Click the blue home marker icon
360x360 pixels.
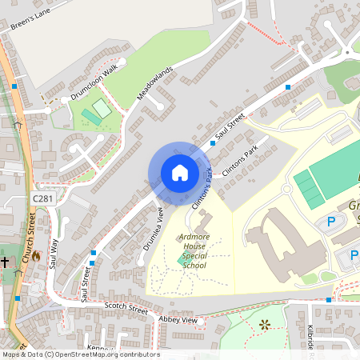coord(179,173)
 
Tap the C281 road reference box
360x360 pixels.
coord(43,198)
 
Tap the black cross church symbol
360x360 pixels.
coord(5,261)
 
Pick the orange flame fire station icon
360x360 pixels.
coord(35,258)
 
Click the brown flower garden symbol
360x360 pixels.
coord(263,324)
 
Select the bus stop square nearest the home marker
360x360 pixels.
coord(213,143)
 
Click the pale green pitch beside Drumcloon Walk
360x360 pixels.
coord(101,107)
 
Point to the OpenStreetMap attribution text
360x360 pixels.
coord(80,354)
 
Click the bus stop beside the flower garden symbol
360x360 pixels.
coord(328,300)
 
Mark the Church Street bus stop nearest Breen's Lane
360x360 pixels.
coord(14,86)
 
